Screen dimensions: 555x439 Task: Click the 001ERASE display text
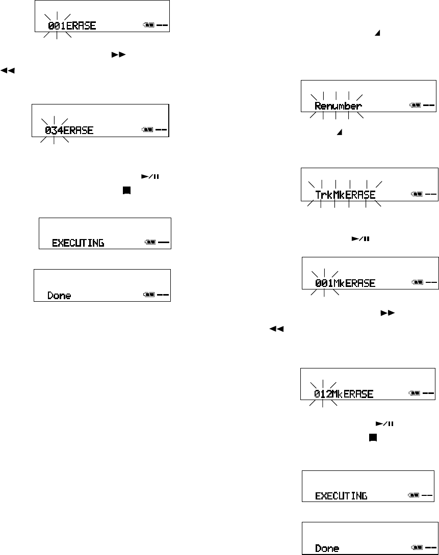(x=72, y=25)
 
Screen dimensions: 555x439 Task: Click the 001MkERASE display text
(x=345, y=283)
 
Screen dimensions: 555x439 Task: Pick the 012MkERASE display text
(x=344, y=394)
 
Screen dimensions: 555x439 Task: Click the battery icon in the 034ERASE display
(x=147, y=130)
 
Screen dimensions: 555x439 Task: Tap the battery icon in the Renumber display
(x=416, y=106)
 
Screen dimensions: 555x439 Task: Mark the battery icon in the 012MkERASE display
(x=415, y=393)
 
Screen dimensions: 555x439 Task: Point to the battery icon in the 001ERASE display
(x=149, y=25)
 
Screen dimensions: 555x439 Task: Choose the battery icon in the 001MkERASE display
(x=417, y=282)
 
